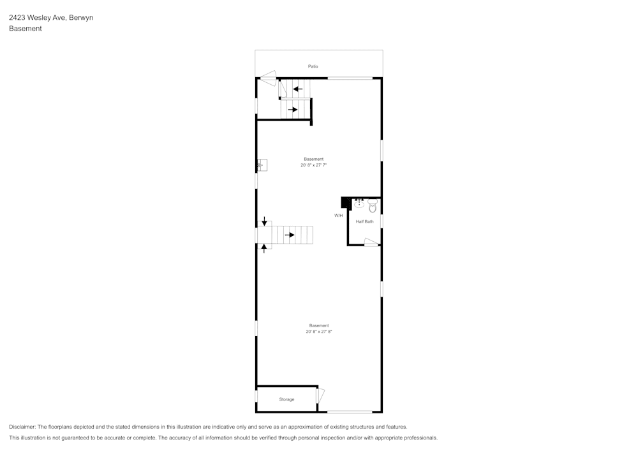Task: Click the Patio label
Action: (313, 66)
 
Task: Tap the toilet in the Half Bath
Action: (373, 207)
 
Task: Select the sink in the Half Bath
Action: (359, 204)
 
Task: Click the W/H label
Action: (338, 216)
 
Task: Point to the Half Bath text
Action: (364, 221)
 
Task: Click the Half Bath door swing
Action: (371, 241)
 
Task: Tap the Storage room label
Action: (286, 399)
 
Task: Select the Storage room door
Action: (320, 396)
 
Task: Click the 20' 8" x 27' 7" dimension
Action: (313, 165)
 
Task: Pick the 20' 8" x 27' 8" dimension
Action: (319, 332)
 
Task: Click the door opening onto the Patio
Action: (267, 79)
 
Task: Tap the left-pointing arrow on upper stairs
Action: (297, 89)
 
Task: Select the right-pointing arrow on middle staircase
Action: (290, 235)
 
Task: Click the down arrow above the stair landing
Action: (264, 222)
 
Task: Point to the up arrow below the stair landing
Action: (264, 248)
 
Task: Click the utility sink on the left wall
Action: (262, 165)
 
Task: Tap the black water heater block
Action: (346, 203)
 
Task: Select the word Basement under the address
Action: (26, 29)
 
